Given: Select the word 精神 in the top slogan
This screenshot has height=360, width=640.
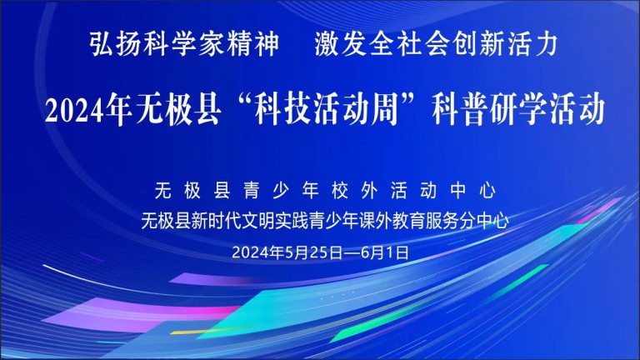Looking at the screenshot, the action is tap(252, 43).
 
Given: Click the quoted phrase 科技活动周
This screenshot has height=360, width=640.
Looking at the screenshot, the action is tap(326, 109).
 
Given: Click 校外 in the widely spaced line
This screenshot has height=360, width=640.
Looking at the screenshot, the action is tap(355, 191).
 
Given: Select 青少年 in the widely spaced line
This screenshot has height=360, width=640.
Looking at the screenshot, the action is tap(281, 191).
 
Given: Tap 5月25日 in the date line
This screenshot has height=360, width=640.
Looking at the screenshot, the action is tap(314, 252).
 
